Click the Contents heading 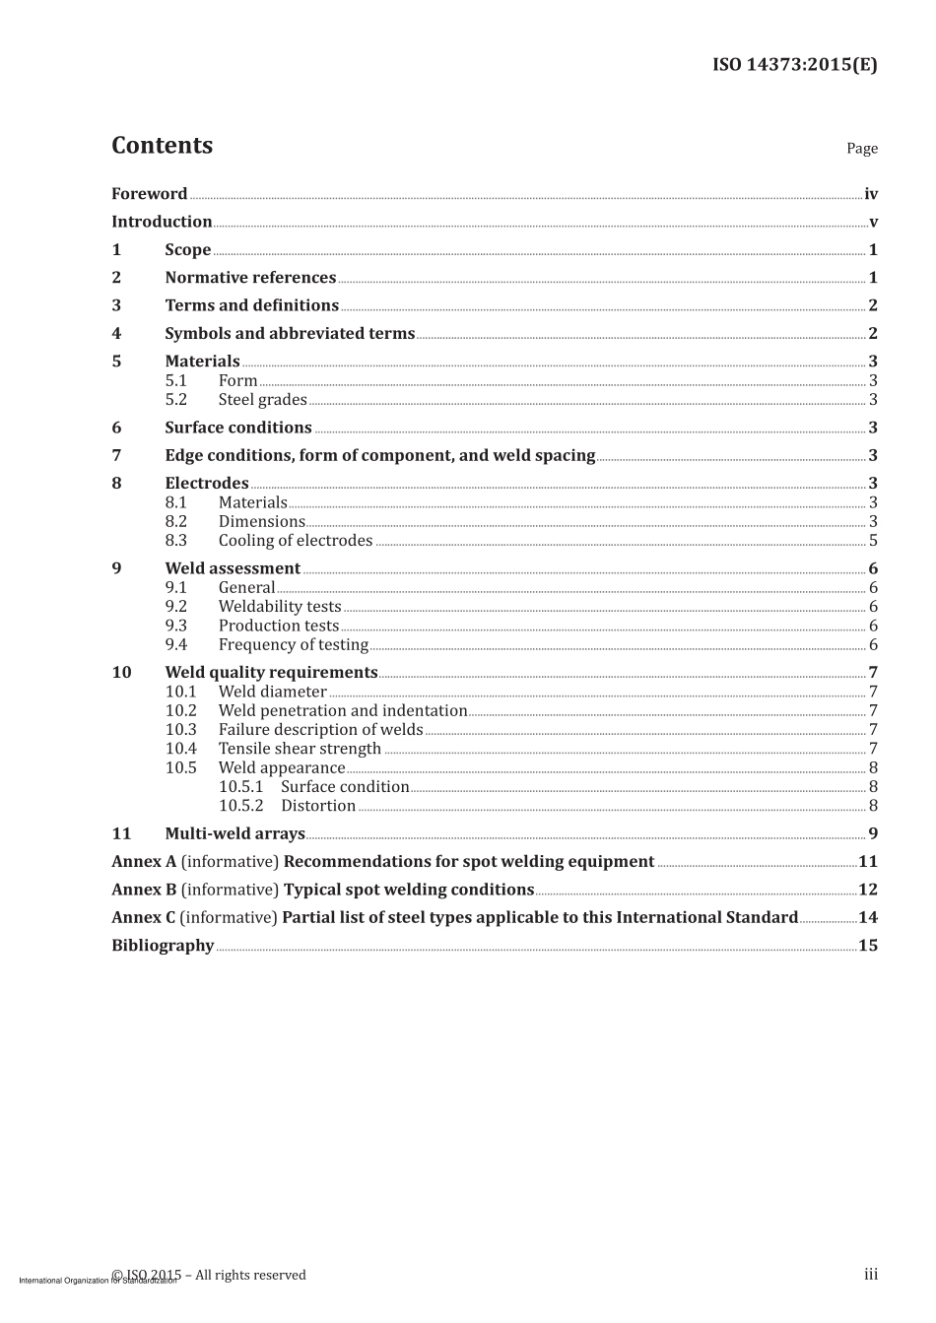tap(162, 146)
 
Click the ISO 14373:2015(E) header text tap(794, 65)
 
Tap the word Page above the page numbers tap(861, 149)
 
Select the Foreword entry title tap(149, 194)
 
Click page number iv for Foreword tap(870, 194)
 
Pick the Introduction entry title tap(162, 222)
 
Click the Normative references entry tap(250, 278)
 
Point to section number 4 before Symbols tap(116, 333)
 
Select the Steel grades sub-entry tap(262, 400)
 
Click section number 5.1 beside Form tap(175, 380)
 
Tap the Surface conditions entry tap(237, 428)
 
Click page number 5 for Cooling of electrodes tap(873, 541)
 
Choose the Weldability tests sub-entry tap(280, 607)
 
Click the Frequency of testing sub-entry tap(293, 645)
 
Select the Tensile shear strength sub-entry tap(300, 749)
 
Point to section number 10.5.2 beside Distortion tap(240, 806)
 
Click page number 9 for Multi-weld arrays tap(873, 833)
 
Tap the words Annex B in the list tap(144, 890)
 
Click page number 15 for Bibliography tap(868, 946)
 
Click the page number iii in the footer tap(871, 1275)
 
